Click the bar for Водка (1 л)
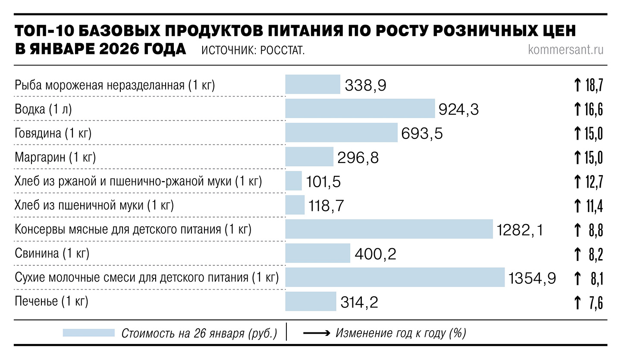360,108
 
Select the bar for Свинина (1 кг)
317,253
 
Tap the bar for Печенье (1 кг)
310,301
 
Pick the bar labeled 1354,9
395,277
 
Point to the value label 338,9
365,85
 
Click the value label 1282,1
520,230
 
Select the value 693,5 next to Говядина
422,134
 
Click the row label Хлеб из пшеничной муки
94,206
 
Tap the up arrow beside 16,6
577,110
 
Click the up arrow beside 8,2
577,254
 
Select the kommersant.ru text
566,50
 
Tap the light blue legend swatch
88,333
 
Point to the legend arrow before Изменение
317,333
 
